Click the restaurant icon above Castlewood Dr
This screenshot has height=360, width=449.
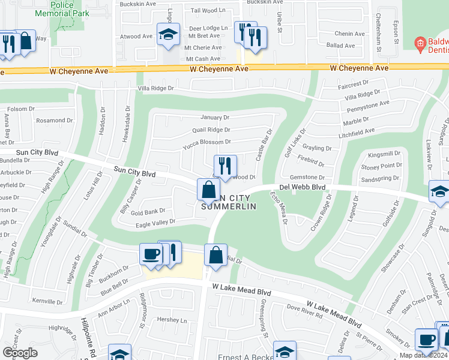coord(226,166)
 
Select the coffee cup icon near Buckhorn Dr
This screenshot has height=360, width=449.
coord(150,254)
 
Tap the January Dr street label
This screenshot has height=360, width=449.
coord(215,118)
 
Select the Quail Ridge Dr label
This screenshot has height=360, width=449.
coord(211,130)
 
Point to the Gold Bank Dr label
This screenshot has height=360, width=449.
coord(148,212)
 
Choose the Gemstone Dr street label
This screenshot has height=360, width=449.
coord(307,178)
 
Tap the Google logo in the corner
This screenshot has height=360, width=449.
coord(20,353)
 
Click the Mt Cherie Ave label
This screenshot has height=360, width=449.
coord(202,47)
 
